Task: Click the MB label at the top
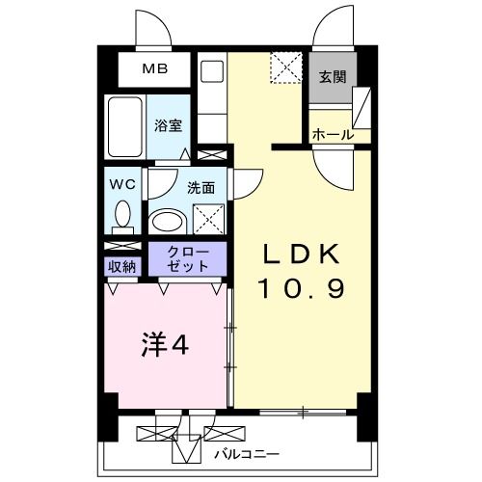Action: click(x=154, y=69)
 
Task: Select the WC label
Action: click(x=121, y=182)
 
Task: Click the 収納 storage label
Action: click(x=121, y=265)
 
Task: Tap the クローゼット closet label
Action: click(x=188, y=257)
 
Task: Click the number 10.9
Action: click(x=300, y=288)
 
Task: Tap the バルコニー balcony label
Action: click(x=246, y=451)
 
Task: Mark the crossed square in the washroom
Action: click(x=208, y=220)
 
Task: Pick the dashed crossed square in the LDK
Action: click(x=285, y=68)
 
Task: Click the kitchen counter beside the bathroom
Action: click(x=211, y=96)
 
